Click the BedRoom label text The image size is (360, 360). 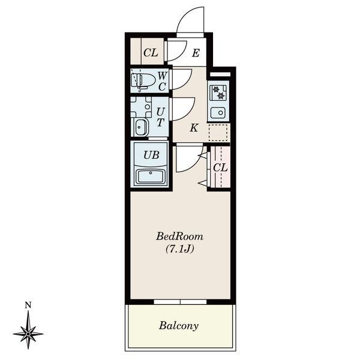[179, 236]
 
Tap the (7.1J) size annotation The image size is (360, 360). [180, 249]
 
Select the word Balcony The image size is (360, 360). [179, 326]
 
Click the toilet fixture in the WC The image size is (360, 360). [142, 80]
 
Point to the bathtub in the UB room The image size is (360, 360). [151, 176]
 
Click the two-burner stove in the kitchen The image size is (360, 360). [218, 92]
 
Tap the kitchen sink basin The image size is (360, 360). [218, 113]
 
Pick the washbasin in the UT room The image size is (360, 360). [141, 127]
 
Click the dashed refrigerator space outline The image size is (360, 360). [218, 133]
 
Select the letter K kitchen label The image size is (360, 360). [194, 128]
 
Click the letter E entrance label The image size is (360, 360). [196, 53]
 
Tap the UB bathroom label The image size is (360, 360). [151, 155]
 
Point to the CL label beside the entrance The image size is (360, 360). [151, 53]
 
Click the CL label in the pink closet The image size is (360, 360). [220, 168]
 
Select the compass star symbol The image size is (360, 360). [28, 333]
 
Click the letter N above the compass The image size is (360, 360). [28, 305]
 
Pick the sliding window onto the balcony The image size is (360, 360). [180, 302]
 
